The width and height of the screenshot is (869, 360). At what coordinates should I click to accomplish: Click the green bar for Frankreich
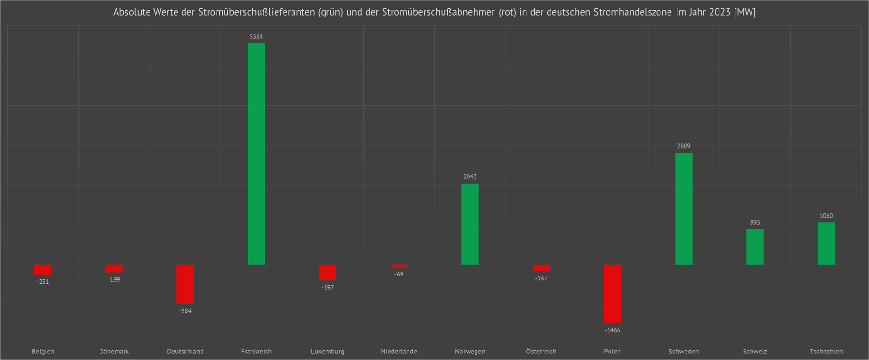point(256,154)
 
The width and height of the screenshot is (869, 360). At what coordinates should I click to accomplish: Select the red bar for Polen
point(612,293)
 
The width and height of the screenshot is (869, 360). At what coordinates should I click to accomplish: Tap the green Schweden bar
point(684,209)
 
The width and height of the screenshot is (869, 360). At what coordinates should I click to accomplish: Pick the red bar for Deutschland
point(185,284)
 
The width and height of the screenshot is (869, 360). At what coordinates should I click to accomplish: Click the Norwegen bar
point(470,224)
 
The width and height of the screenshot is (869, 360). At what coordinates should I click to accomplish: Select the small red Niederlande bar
point(399,266)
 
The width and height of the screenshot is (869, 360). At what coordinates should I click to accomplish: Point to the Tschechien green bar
point(826,243)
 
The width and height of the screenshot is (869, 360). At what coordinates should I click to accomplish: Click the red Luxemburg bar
point(327,272)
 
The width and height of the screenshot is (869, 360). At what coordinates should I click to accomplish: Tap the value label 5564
point(256,36)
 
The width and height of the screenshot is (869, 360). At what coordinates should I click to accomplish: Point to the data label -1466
point(612,330)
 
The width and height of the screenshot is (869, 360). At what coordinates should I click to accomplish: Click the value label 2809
point(684,146)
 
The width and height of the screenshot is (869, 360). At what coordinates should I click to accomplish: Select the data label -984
point(185,311)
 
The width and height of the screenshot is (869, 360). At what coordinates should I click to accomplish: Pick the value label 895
point(755,222)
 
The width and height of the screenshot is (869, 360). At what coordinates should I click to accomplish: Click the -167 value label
point(541,278)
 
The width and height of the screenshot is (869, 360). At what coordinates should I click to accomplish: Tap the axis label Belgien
point(43,352)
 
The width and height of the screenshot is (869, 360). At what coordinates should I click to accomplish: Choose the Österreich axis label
point(541,352)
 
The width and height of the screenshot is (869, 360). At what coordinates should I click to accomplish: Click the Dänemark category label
point(114,352)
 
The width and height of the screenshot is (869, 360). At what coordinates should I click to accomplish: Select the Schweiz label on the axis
point(755,352)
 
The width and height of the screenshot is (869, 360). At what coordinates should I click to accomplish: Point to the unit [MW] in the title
point(745,12)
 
